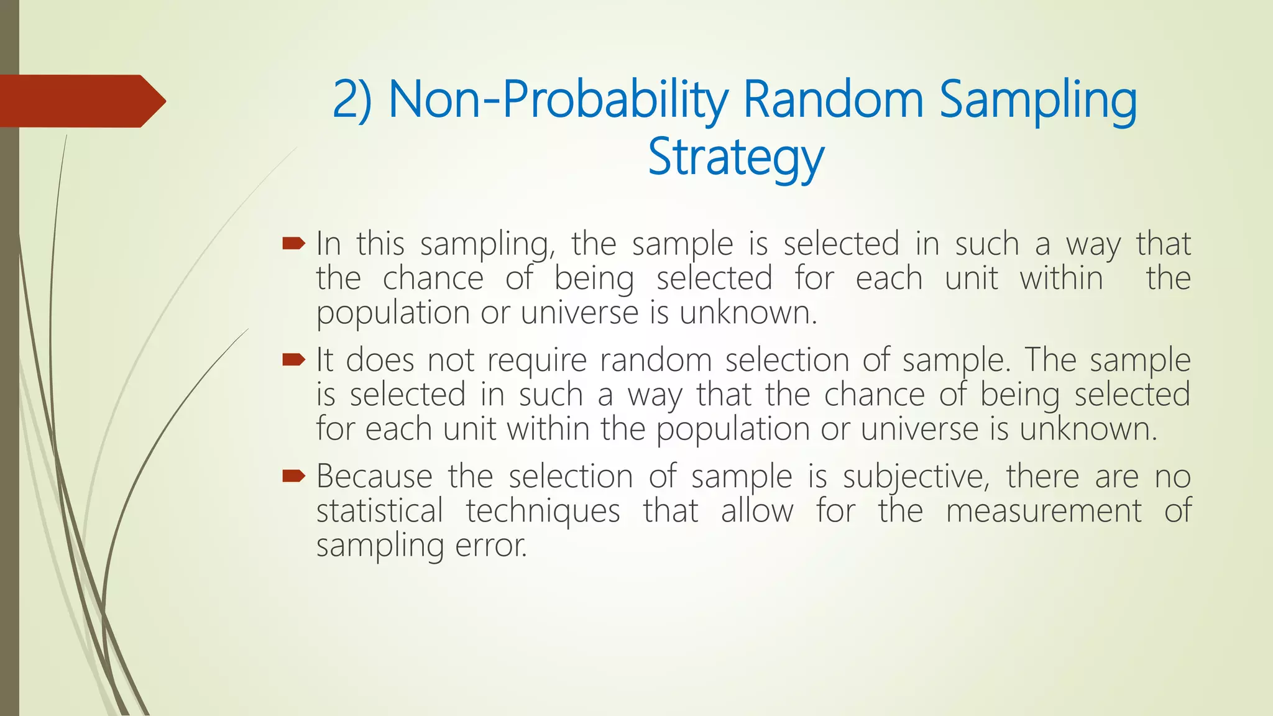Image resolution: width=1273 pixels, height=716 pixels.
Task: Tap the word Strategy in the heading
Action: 736,157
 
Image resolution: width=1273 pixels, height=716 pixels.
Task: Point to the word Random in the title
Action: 833,100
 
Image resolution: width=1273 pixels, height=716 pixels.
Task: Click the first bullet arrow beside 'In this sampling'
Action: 293,243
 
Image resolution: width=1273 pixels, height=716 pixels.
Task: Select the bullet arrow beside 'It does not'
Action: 293,359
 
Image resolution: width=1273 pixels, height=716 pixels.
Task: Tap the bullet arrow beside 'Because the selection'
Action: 293,476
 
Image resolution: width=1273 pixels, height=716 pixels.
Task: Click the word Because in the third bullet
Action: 374,477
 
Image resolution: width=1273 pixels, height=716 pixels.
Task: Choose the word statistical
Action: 380,511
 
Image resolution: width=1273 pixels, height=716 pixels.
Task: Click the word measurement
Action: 1044,511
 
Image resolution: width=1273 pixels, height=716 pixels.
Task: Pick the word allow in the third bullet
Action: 757,511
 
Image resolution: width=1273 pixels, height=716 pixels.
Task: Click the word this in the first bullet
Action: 380,243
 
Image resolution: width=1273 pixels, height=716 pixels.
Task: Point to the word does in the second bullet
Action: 380,360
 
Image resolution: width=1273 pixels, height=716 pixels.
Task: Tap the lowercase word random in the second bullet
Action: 656,360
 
